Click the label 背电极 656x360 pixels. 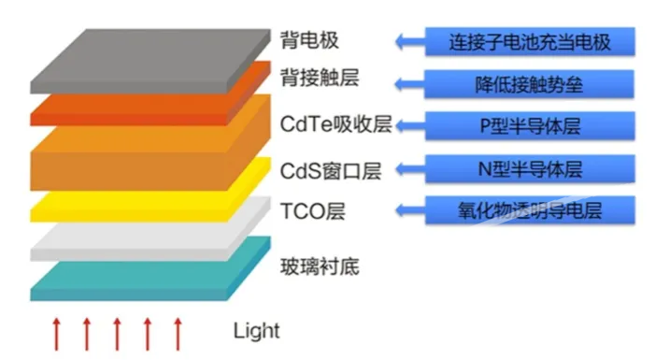(309, 40)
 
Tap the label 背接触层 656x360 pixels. (320, 78)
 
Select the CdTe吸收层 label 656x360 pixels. (336, 124)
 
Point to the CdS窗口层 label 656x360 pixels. (331, 171)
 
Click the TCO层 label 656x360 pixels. (313, 211)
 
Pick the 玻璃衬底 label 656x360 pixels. (320, 266)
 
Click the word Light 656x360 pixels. (256, 331)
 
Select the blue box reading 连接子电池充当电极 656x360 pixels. (530, 41)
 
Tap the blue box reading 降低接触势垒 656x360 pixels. (529, 84)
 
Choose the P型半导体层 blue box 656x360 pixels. (530, 125)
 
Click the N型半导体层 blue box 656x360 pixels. (530, 168)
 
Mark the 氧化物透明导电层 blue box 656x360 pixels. (530, 210)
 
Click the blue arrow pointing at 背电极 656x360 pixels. (410, 41)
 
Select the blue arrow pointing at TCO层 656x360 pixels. (410, 210)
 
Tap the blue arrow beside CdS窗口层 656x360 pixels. (410, 169)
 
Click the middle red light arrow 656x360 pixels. (117, 334)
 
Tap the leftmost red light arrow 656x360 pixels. (56, 334)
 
